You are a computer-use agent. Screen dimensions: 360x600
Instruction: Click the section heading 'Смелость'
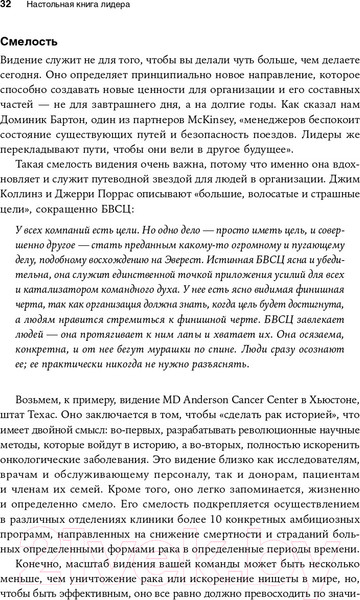click(x=36, y=43)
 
